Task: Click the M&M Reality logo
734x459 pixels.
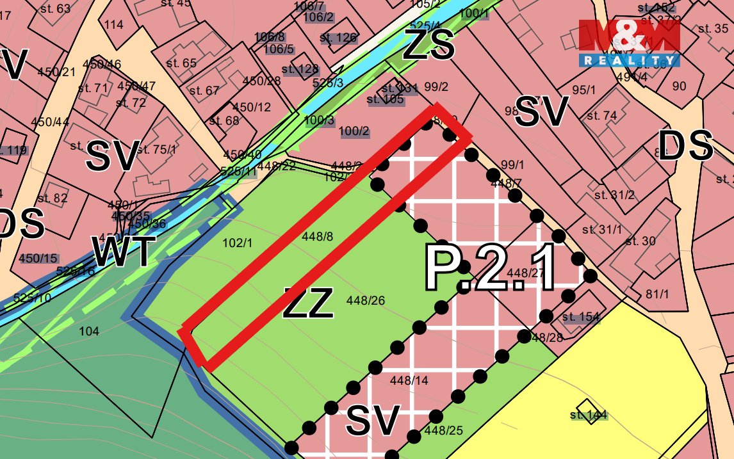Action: [x=629, y=43]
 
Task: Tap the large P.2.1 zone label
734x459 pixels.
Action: [x=490, y=268]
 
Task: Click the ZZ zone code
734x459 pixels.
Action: [x=308, y=303]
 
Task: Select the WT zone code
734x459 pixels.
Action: [x=124, y=252]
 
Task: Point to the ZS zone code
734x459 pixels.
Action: [x=428, y=46]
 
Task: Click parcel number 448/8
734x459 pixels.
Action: [x=317, y=237]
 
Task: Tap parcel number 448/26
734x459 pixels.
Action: [x=366, y=300]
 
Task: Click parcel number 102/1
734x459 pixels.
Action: [x=238, y=243]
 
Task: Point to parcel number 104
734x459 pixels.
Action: [x=89, y=331]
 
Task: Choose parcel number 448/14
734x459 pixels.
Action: [x=409, y=380]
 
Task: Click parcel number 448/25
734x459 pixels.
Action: [x=443, y=431]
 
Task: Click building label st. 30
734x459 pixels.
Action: [x=640, y=241]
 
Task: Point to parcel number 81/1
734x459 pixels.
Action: [x=657, y=294]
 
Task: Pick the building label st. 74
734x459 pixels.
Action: [x=601, y=116]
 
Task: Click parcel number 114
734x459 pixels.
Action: [x=113, y=25]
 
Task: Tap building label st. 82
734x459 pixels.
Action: [x=52, y=198]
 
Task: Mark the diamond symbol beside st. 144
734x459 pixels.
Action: [x=584, y=407]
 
